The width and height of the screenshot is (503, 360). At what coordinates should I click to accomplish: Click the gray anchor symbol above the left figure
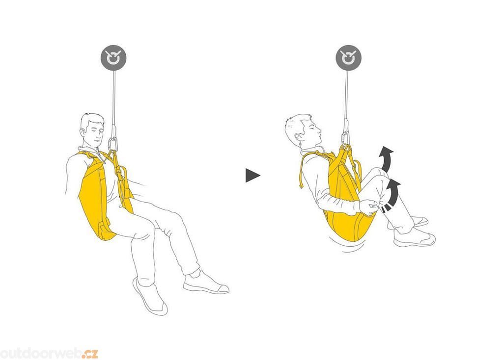tap(113, 58)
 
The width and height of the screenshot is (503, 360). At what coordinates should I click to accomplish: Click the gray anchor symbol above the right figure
tap(348, 58)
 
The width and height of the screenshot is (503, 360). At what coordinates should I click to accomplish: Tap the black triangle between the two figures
tap(252, 175)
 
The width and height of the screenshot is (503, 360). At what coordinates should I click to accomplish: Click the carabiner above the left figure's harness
tap(113, 144)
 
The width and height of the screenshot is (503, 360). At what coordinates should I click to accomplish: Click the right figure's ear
tap(299, 138)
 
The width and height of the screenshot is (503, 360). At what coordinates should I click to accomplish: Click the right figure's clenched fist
tap(369, 207)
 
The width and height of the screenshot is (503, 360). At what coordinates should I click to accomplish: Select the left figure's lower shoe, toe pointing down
tap(150, 296)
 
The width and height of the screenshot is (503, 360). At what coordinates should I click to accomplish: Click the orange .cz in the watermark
tap(89, 353)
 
